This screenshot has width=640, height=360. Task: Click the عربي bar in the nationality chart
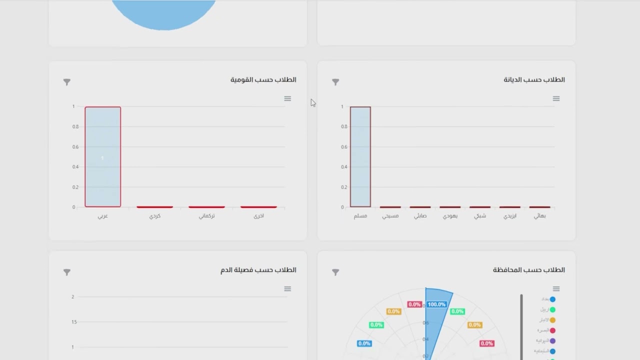[102, 156]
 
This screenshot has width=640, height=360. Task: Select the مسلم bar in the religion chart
[360, 156]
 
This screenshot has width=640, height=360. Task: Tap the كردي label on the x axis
[155, 216]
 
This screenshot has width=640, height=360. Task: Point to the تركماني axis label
[206, 216]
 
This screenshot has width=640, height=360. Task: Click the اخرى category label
[258, 216]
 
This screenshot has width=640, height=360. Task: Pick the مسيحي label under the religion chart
[390, 216]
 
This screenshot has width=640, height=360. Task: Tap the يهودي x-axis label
[450, 216]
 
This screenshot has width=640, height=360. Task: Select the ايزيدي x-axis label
[510, 216]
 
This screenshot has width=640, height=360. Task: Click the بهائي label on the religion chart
[540, 216]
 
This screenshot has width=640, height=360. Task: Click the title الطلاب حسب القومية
[263, 80]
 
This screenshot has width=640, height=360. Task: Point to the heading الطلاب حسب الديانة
[534, 80]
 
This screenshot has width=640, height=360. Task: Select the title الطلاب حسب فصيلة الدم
[258, 270]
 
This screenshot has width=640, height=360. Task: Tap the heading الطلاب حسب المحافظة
[528, 270]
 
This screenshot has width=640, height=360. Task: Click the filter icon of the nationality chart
[67, 82]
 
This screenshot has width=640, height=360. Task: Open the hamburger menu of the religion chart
[556, 98]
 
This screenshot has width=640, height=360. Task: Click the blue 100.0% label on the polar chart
[436, 304]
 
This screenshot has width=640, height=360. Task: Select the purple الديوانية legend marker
[552, 341]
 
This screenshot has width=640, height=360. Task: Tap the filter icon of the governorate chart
[335, 272]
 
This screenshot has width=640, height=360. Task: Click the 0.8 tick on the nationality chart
[75, 126]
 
